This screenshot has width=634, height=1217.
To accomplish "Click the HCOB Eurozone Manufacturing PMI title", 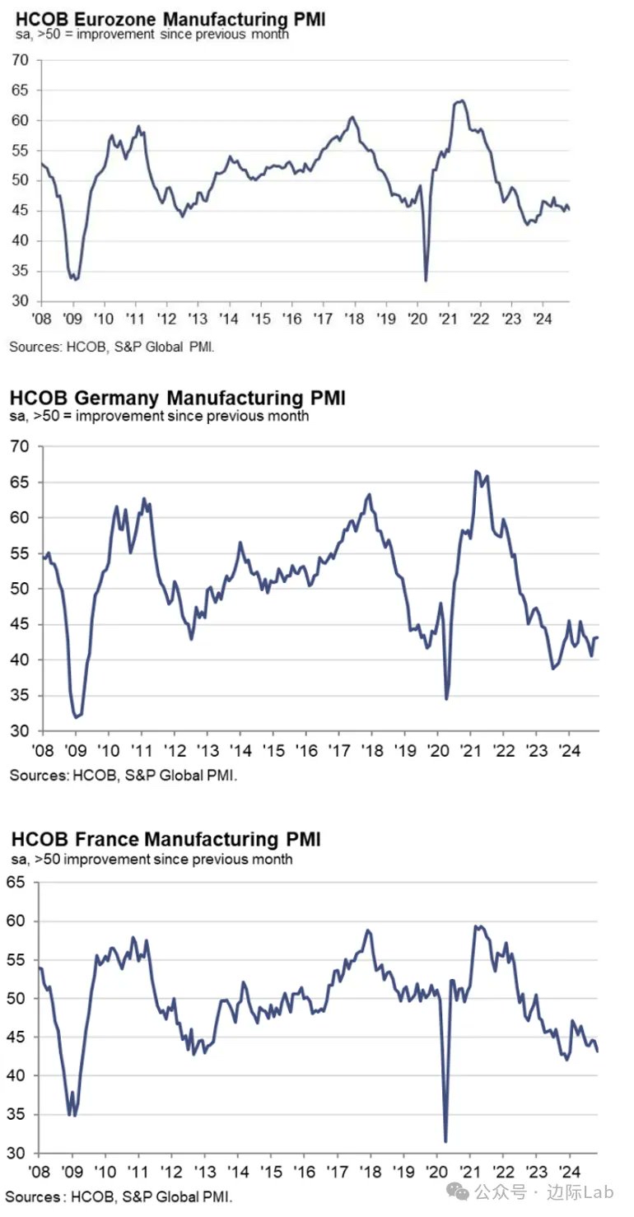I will pos(167,18).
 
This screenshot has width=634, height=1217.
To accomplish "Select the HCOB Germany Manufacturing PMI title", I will pos(178,399).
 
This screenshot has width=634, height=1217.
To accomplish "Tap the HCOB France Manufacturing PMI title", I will pos(165,839).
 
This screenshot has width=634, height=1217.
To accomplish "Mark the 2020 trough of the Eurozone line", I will pos(426,281).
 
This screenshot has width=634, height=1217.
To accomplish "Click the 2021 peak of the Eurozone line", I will pos(462,100).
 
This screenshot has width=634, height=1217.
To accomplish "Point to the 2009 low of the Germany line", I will pos(77,717).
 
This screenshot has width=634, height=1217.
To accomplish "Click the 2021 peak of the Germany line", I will pos(476,471).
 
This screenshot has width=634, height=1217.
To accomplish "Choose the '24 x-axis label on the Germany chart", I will pos(568,751).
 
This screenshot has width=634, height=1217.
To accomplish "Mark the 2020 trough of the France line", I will pos(445,1141).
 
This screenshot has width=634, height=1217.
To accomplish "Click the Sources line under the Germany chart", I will pos(124,775).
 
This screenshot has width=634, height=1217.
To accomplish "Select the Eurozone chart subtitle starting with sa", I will pos(148,35).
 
